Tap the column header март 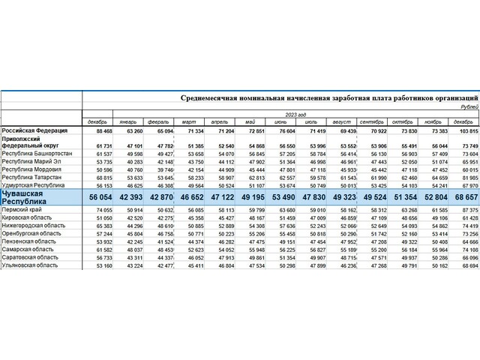tap(192, 121)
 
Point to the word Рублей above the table tap(465, 107)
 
